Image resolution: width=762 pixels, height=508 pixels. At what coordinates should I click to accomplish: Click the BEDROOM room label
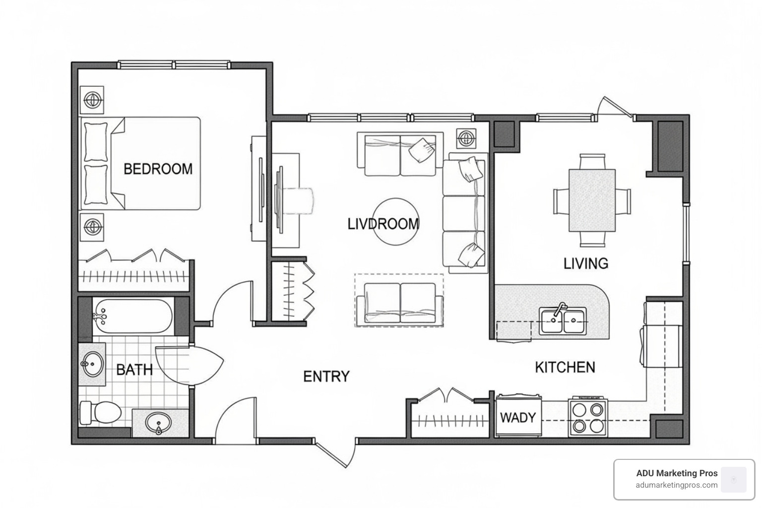pyautogui.click(x=158, y=169)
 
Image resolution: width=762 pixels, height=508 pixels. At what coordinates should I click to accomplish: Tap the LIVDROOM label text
pyautogui.click(x=383, y=224)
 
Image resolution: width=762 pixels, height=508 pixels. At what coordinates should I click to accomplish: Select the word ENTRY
pyautogui.click(x=326, y=377)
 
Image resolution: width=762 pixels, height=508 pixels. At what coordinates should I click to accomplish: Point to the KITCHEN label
pyautogui.click(x=565, y=367)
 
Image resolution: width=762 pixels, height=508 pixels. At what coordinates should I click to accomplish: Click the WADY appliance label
pyautogui.click(x=517, y=417)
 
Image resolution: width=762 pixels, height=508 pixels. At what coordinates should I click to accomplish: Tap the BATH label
pyautogui.click(x=134, y=370)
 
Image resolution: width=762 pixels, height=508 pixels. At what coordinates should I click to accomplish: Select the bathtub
pyautogui.click(x=132, y=316)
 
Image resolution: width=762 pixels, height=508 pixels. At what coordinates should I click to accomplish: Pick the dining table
pyautogui.click(x=592, y=200)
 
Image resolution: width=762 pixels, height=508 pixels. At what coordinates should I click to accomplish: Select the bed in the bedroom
pyautogui.click(x=141, y=163)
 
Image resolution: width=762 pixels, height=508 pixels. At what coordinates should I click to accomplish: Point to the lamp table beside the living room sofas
pyautogui.click(x=466, y=137)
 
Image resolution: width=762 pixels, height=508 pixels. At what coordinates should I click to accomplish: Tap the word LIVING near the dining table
pyautogui.click(x=585, y=263)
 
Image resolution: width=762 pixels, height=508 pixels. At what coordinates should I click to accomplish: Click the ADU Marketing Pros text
pyautogui.click(x=677, y=473)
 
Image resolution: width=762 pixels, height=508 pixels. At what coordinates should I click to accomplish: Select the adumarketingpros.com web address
pyautogui.click(x=677, y=485)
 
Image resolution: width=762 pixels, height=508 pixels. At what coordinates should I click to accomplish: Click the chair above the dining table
pyautogui.click(x=592, y=162)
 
